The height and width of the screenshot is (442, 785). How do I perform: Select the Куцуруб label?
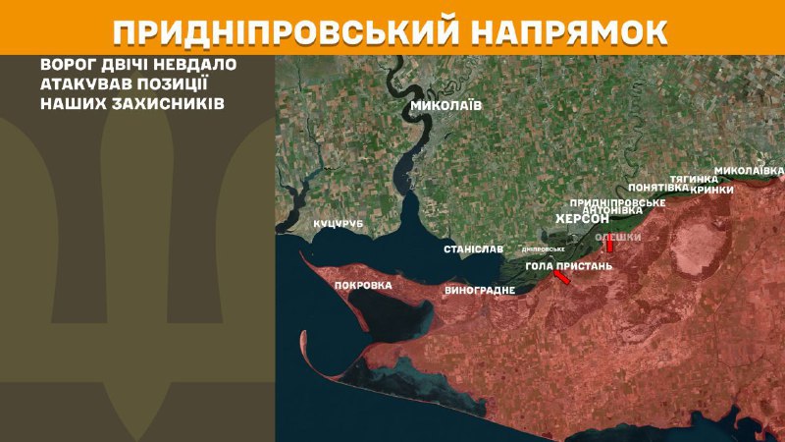pyautogui.click(x=339, y=225)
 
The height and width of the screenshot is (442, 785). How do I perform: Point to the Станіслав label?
pyautogui.click(x=473, y=249)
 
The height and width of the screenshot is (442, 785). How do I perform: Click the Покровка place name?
pyautogui.click(x=363, y=286)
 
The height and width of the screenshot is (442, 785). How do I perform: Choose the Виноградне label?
pyautogui.click(x=480, y=291)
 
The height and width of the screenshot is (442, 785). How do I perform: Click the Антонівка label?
pyautogui.click(x=612, y=210)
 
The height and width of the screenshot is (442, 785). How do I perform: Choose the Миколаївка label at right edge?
pyautogui.click(x=749, y=170)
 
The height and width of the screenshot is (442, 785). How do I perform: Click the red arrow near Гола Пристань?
pyautogui.click(x=561, y=279)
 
